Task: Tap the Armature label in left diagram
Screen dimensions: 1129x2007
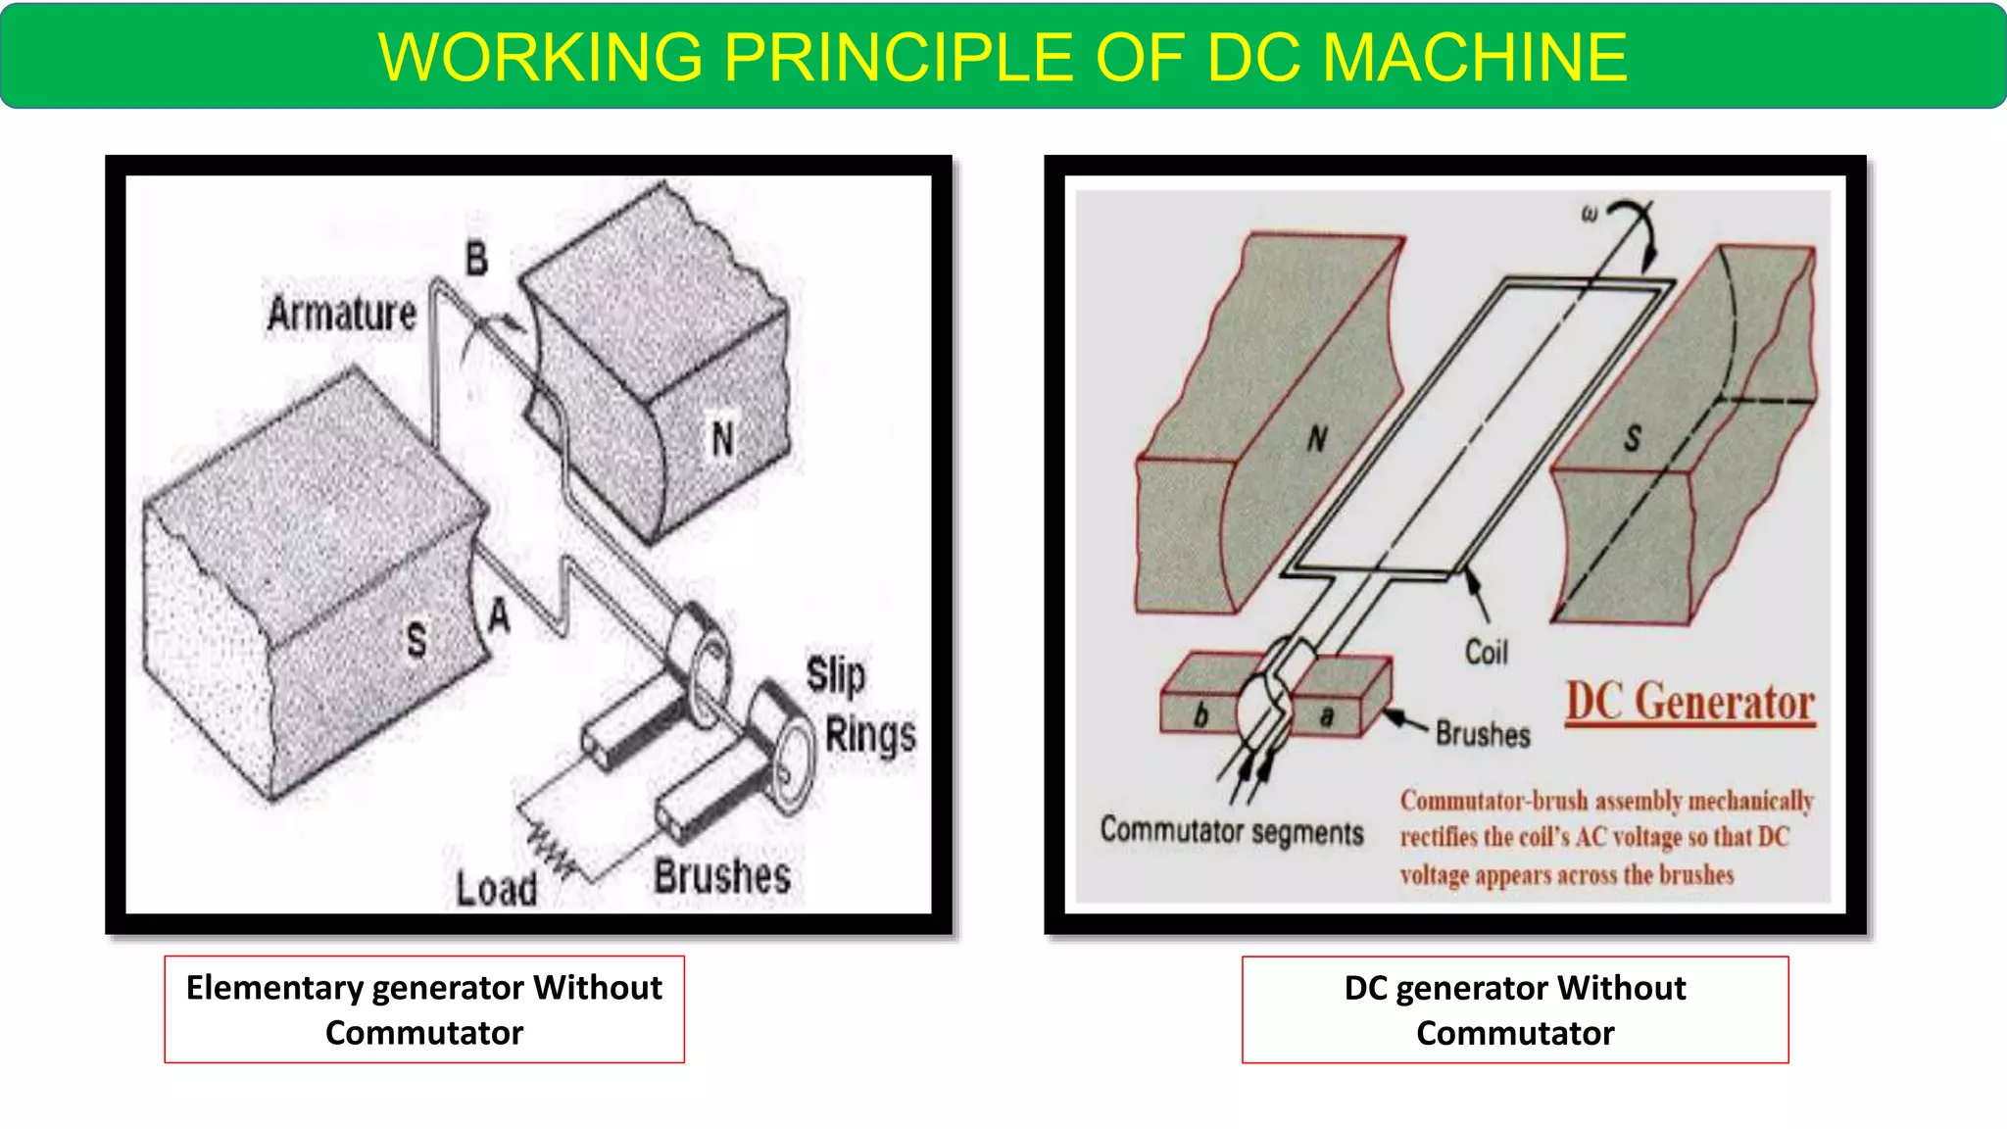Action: [342, 315]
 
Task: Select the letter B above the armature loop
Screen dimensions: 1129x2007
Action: [476, 260]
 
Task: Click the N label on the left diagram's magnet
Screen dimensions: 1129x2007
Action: [722, 439]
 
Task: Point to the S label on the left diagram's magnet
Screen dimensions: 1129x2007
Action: [416, 641]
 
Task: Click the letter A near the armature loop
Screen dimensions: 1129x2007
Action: [499, 617]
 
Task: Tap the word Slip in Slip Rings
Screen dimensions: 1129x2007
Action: [836, 675]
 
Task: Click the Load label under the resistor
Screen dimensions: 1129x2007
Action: [496, 889]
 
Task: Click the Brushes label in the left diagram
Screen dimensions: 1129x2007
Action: [722, 876]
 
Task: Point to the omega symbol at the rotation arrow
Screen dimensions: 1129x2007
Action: [1590, 213]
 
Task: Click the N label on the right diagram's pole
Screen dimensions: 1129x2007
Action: [1317, 438]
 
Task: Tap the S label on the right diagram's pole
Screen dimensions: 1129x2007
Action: [1632, 438]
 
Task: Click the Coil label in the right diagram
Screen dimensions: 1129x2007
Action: [1486, 652]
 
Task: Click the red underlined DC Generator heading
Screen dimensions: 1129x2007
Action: [1689, 703]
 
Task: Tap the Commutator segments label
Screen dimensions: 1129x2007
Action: [1232, 831]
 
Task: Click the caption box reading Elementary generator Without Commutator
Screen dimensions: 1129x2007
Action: [424, 1009]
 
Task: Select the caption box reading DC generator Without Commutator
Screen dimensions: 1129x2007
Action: [1515, 1009]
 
